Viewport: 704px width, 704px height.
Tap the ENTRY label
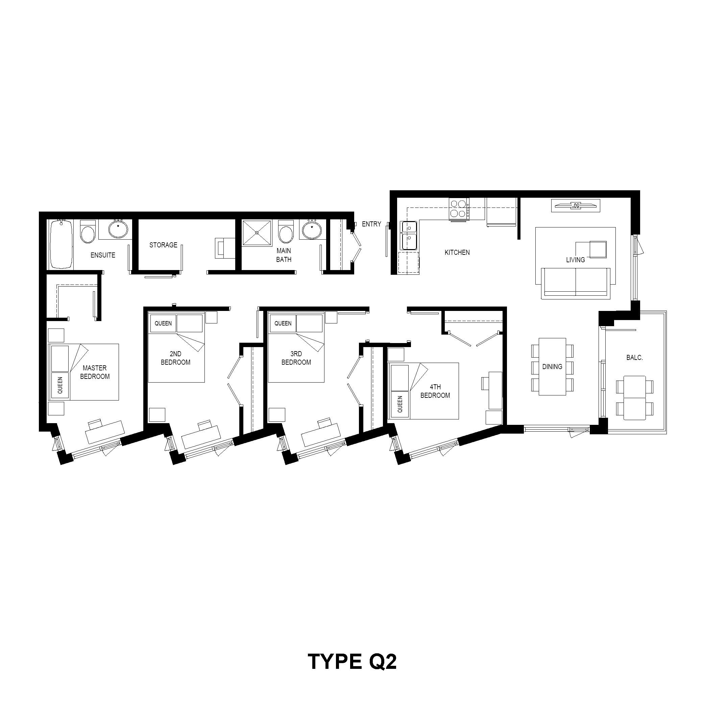pos(371,224)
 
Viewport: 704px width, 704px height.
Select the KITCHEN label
pos(457,252)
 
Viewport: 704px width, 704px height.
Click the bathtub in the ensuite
pos(61,244)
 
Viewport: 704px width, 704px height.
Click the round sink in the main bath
pos(312,229)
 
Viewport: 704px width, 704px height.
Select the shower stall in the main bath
pos(257,233)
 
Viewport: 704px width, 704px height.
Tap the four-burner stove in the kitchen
pos(459,209)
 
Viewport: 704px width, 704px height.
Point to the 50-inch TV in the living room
pos(575,205)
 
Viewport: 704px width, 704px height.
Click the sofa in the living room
pos(576,283)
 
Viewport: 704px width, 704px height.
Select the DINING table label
pos(552,367)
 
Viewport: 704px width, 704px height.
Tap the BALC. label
pos(634,358)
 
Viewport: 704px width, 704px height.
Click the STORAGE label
pos(163,245)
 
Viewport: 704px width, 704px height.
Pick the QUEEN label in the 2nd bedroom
pos(163,323)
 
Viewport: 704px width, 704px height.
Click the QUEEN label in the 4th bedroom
pos(400,405)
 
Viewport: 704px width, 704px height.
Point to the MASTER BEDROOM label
pos(95,372)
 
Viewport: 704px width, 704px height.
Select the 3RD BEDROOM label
pos(296,358)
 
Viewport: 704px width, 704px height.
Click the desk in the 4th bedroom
pos(495,390)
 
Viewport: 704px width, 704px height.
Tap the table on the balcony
pos(634,397)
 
